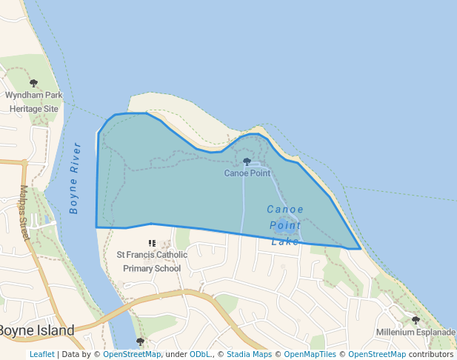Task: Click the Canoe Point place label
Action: [x=247, y=173]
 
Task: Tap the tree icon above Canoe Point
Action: [x=247, y=161]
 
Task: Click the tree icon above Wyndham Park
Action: [x=33, y=84]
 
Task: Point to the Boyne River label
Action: [x=75, y=178]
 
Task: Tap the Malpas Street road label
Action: [x=24, y=213]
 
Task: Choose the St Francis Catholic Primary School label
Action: [x=152, y=261]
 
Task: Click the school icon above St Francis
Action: [x=152, y=243]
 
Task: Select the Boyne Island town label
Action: [x=36, y=330]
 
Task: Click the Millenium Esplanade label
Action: [x=416, y=332]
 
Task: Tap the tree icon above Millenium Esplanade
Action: [x=416, y=320]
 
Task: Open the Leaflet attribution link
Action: [x=41, y=354]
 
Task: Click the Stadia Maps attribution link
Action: [x=248, y=354]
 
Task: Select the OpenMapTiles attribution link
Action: [x=310, y=354]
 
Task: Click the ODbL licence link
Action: [x=200, y=354]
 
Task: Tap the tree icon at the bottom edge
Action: [x=140, y=341]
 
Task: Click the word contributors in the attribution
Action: [x=430, y=354]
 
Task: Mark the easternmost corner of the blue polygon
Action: [x=361, y=249]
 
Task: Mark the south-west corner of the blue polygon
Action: [x=96, y=227]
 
